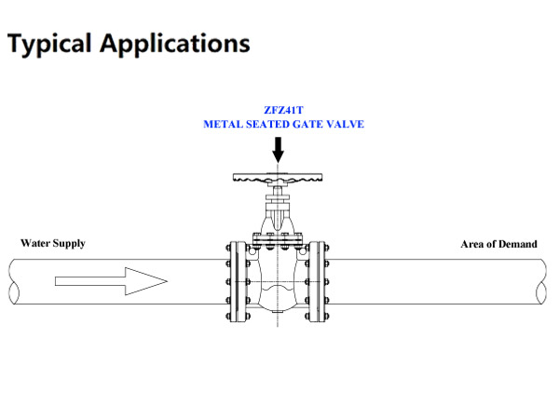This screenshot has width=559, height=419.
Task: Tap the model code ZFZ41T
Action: (277, 110)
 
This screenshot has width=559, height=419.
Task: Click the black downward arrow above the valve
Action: (277, 148)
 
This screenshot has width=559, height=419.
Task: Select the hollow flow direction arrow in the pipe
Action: (111, 280)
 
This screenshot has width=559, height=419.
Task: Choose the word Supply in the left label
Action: (71, 244)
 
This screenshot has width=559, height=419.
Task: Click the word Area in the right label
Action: (473, 245)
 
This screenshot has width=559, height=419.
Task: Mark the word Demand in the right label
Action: (519, 245)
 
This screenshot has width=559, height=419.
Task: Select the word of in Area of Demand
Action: (493, 245)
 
